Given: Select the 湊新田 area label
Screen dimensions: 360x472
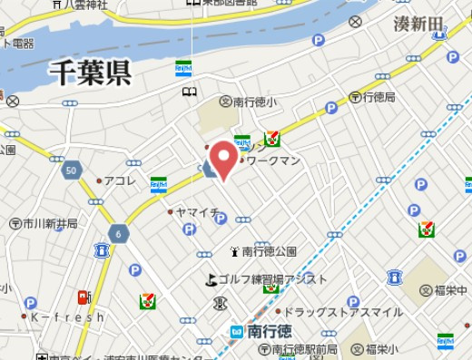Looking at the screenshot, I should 419,23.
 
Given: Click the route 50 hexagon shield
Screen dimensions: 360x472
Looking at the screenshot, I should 71,170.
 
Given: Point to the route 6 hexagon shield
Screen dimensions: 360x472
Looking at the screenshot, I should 118,234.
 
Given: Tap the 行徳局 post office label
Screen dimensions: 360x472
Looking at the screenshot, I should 379,96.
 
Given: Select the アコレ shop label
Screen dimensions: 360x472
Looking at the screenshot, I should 119,180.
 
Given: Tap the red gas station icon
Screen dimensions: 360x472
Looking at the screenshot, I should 84,297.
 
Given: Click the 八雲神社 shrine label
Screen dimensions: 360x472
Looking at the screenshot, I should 87,5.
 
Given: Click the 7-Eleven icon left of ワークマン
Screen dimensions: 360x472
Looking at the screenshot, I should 271,140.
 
